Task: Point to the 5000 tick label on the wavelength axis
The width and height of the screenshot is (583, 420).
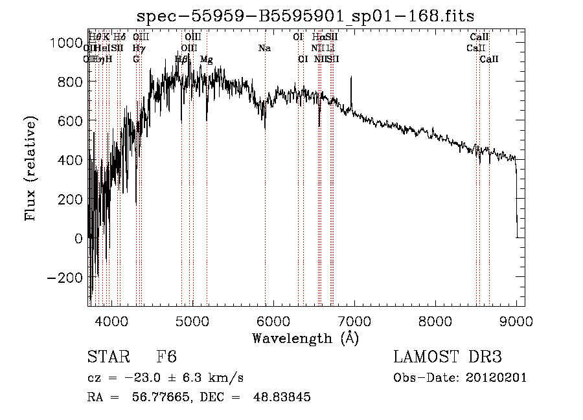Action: tap(192, 320)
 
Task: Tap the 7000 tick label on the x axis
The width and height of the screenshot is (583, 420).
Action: tap(354, 320)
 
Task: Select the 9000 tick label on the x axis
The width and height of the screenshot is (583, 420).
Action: tap(516, 320)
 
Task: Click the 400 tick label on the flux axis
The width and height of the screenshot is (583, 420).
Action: tap(70, 160)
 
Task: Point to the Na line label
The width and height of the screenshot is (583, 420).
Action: tap(264, 49)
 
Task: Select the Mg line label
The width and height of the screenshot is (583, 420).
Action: tap(207, 60)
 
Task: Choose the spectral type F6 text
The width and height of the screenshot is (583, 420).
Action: tap(166, 357)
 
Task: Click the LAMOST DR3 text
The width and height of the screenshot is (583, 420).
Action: tap(448, 357)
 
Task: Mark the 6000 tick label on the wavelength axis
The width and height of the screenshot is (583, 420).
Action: tap(273, 320)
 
